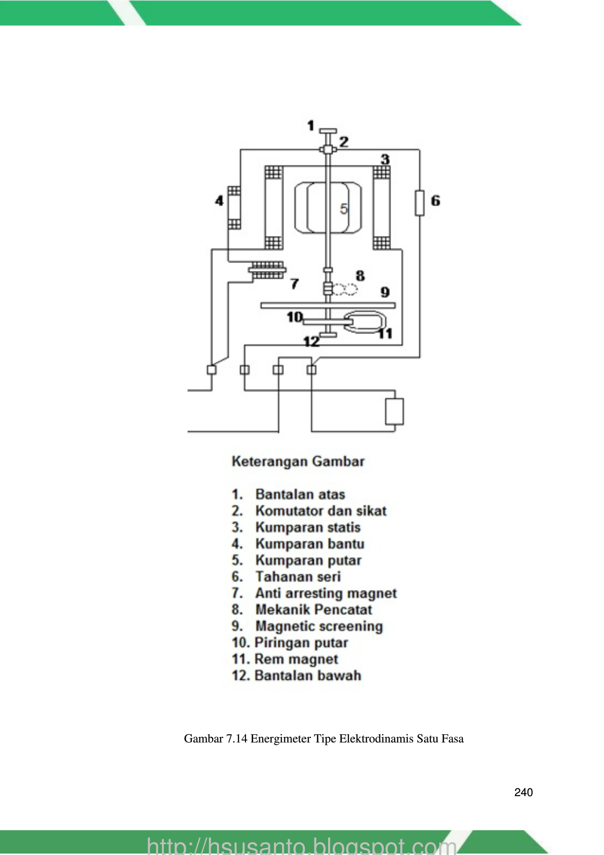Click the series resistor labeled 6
click(x=419, y=203)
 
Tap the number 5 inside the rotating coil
click(x=344, y=209)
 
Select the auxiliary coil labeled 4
click(x=234, y=207)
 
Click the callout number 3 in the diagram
click(x=385, y=159)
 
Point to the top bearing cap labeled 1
click(x=328, y=131)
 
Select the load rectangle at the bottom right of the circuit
click(x=394, y=411)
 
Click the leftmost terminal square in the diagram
click(x=212, y=370)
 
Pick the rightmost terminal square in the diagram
click(x=311, y=370)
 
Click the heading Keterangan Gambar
click(x=298, y=461)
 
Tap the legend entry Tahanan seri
click(x=298, y=577)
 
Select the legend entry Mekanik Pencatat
click(x=314, y=609)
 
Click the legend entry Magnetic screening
click(x=319, y=627)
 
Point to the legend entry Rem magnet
click(x=296, y=659)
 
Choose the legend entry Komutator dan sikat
click(x=321, y=511)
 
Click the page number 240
click(x=523, y=792)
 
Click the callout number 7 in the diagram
click(x=295, y=284)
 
